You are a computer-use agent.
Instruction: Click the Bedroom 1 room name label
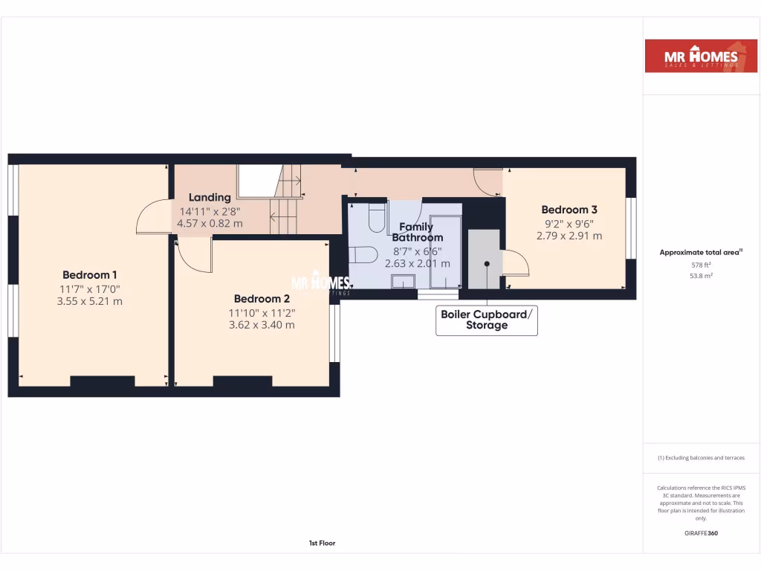click(x=90, y=274)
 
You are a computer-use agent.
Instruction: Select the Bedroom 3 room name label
click(x=569, y=210)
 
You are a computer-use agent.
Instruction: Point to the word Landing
click(x=210, y=197)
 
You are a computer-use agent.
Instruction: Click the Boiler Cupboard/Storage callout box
click(x=487, y=320)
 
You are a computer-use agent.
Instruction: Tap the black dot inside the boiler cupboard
click(x=487, y=263)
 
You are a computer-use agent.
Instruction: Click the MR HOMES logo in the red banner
click(x=691, y=56)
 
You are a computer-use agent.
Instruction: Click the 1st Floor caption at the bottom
click(x=322, y=543)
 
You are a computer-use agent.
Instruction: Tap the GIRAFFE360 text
click(x=701, y=533)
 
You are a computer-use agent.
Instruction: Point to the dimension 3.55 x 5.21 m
click(x=90, y=301)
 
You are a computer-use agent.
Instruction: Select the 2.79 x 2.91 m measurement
click(x=569, y=236)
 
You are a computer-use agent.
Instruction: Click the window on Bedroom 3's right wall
click(x=631, y=228)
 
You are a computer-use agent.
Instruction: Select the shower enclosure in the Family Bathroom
click(x=446, y=251)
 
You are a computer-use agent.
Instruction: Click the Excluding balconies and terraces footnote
click(x=701, y=458)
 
